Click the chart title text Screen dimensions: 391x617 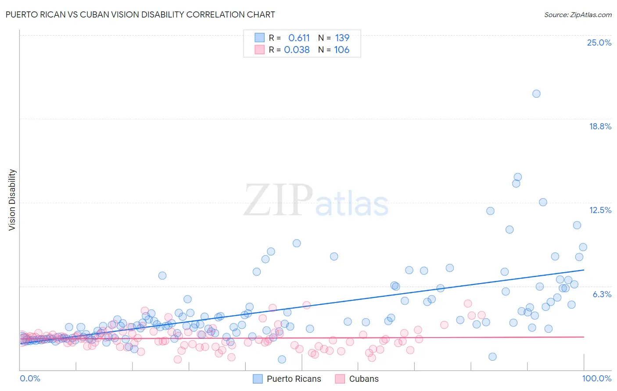coord(140,14)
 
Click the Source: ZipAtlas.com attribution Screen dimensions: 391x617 coord(578,14)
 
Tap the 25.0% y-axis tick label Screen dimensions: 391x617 coord(599,43)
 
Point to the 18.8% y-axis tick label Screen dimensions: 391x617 coord(600,126)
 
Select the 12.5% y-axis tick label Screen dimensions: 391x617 coord(600,210)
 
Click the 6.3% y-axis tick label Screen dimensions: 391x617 coord(602,294)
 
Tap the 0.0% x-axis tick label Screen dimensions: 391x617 coord(30,378)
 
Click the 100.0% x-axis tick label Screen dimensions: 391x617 coord(596,378)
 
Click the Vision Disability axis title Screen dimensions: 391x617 coord(12,199)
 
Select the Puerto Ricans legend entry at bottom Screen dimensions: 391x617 coord(287,379)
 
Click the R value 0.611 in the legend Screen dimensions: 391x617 coord(299,38)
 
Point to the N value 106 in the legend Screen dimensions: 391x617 coord(341,50)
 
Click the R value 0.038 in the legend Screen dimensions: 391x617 coord(297,50)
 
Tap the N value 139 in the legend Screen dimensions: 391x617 coord(342,38)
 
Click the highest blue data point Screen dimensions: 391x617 coord(536,93)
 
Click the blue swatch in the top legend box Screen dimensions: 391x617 coord(259,38)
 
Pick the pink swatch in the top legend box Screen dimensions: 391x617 coord(259,50)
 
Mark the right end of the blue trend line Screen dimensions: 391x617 coord(584,270)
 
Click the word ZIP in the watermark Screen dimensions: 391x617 coord(278,200)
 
